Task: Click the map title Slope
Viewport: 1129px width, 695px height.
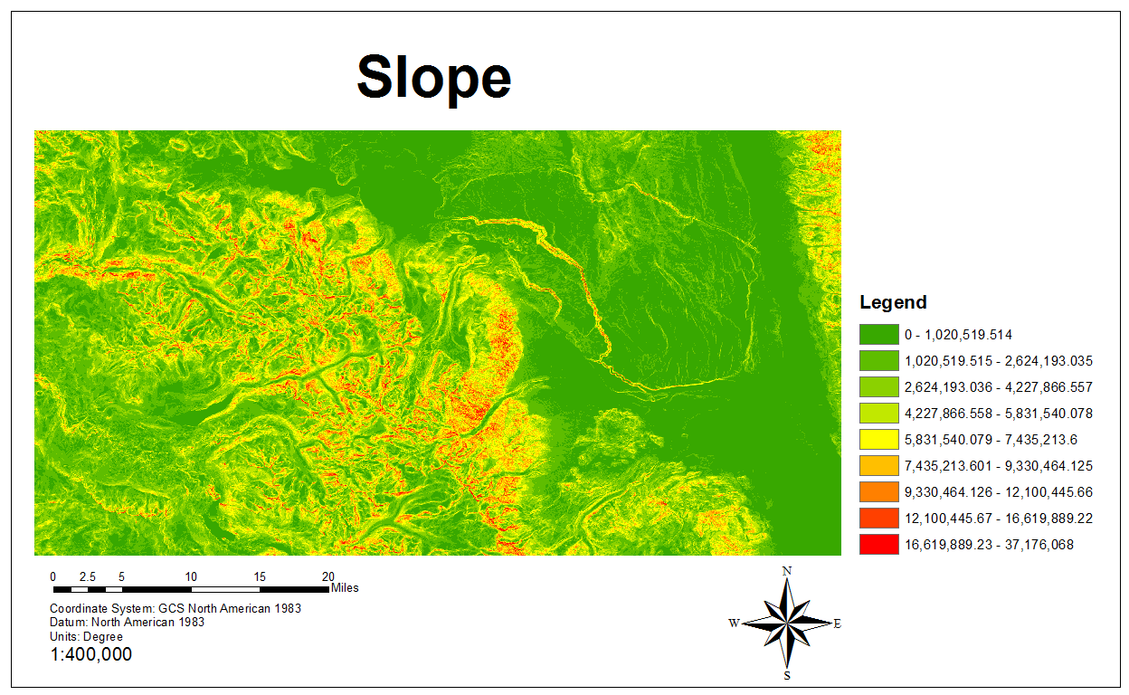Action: (x=434, y=77)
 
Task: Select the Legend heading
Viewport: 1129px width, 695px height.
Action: (x=893, y=302)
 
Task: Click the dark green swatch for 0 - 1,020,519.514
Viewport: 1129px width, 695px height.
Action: (x=878, y=335)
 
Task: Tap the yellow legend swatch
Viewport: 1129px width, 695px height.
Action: (x=878, y=440)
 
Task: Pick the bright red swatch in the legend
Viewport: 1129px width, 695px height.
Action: (x=878, y=545)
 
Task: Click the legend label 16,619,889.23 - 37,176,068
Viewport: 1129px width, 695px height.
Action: (x=989, y=545)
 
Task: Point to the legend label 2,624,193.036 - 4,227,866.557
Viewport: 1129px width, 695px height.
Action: (x=999, y=387)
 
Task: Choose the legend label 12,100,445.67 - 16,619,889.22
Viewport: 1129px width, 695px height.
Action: (x=999, y=519)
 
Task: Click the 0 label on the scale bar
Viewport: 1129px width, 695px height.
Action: (x=52, y=576)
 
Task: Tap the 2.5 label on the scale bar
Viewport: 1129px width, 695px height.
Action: (x=88, y=576)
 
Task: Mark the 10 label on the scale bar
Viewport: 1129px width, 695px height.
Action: (x=191, y=576)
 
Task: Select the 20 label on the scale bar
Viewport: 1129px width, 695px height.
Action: (x=328, y=576)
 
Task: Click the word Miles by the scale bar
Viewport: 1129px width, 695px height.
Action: (x=345, y=588)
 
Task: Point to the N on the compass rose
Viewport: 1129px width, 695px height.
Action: (x=787, y=571)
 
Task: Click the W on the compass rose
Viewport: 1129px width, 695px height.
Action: (x=734, y=623)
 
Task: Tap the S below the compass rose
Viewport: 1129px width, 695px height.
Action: (x=787, y=675)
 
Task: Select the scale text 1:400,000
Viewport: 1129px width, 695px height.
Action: (x=90, y=654)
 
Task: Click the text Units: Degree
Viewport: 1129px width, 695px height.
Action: (x=86, y=636)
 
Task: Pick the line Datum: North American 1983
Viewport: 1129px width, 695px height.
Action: (x=127, y=623)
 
